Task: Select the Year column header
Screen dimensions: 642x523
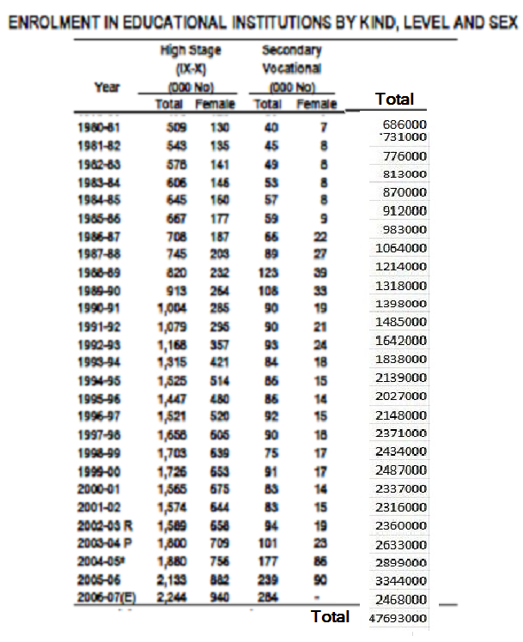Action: pos(107,87)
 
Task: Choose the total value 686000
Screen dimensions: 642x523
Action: pos(405,124)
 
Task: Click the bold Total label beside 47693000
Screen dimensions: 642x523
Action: pos(330,617)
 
